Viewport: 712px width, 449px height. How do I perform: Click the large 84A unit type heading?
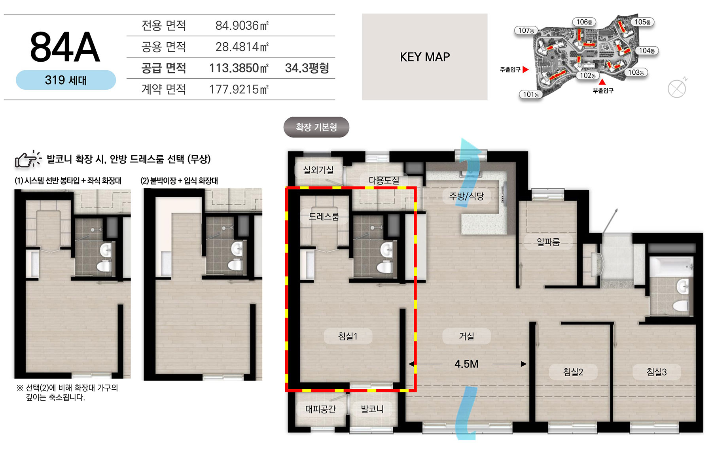pyautogui.click(x=65, y=47)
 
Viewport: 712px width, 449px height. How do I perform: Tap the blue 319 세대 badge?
pyautogui.click(x=66, y=80)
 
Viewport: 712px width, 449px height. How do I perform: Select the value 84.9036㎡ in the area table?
pyautogui.click(x=242, y=26)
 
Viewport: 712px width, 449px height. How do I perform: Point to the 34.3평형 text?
pyautogui.click(x=307, y=68)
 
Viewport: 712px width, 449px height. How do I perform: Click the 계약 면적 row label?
pyautogui.click(x=164, y=89)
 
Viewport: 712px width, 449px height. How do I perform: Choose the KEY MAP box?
pyautogui.click(x=425, y=57)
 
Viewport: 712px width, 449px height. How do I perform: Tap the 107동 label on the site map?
pyautogui.click(x=526, y=30)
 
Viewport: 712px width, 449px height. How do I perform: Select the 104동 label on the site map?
pyautogui.click(x=647, y=51)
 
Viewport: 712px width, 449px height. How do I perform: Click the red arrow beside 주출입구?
pyautogui.click(x=525, y=70)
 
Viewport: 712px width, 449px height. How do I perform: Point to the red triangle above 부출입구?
pyautogui.click(x=602, y=82)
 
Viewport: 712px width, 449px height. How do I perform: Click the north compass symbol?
pyautogui.click(x=677, y=88)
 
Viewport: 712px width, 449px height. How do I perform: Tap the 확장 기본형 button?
pyautogui.click(x=316, y=127)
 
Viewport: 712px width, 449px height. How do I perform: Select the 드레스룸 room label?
pyautogui.click(x=324, y=217)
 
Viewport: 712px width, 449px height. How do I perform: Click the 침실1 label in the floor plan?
pyautogui.click(x=348, y=336)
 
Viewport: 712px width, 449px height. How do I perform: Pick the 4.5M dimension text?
pyautogui.click(x=466, y=364)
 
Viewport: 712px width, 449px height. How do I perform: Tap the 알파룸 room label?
pyautogui.click(x=548, y=242)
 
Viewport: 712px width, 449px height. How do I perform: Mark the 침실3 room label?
pyautogui.click(x=657, y=372)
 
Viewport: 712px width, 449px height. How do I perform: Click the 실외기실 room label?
pyautogui.click(x=318, y=170)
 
